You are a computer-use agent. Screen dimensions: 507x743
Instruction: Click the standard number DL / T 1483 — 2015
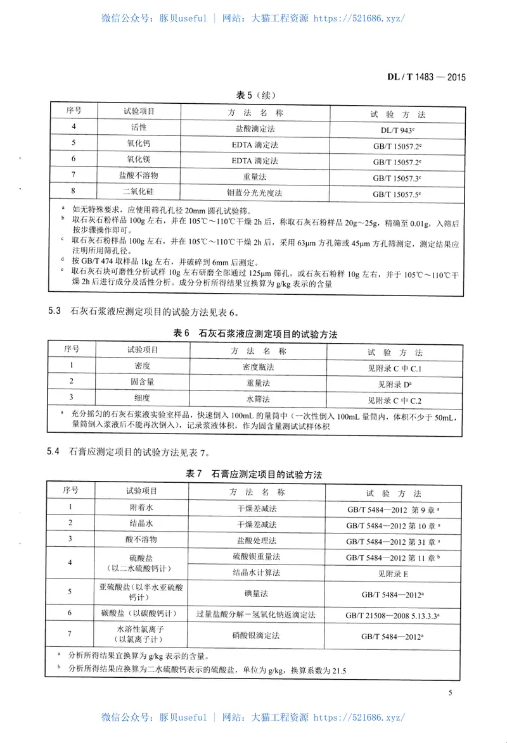coord(426,78)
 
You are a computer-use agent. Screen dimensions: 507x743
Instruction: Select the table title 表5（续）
coord(255,95)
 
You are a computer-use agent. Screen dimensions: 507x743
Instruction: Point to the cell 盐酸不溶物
coord(138,175)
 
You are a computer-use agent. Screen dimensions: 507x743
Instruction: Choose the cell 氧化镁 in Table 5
coord(138,159)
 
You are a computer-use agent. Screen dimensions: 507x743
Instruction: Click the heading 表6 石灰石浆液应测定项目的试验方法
coord(255,334)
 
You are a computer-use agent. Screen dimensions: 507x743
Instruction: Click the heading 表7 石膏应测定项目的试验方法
coord(255,474)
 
